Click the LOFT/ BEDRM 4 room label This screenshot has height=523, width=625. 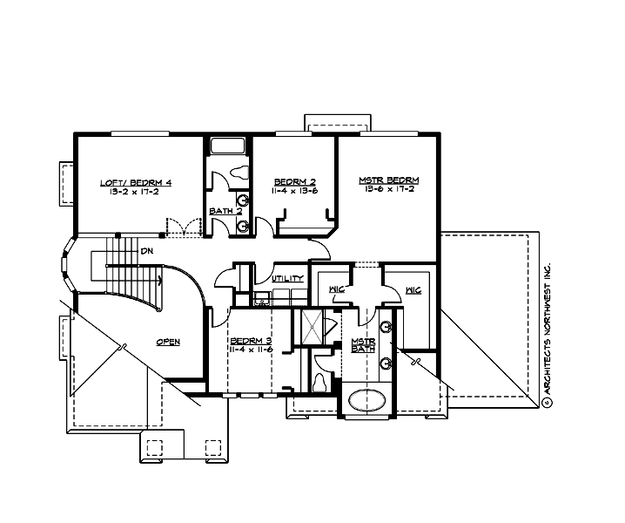tap(136, 182)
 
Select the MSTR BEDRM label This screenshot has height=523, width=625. tap(384, 180)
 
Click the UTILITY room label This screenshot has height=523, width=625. tap(287, 279)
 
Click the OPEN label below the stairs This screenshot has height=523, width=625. tap(168, 343)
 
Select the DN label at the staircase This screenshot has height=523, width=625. tap(147, 250)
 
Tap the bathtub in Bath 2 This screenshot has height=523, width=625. tap(228, 145)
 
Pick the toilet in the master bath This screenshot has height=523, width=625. tap(322, 381)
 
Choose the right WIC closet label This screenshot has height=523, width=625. tap(413, 290)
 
